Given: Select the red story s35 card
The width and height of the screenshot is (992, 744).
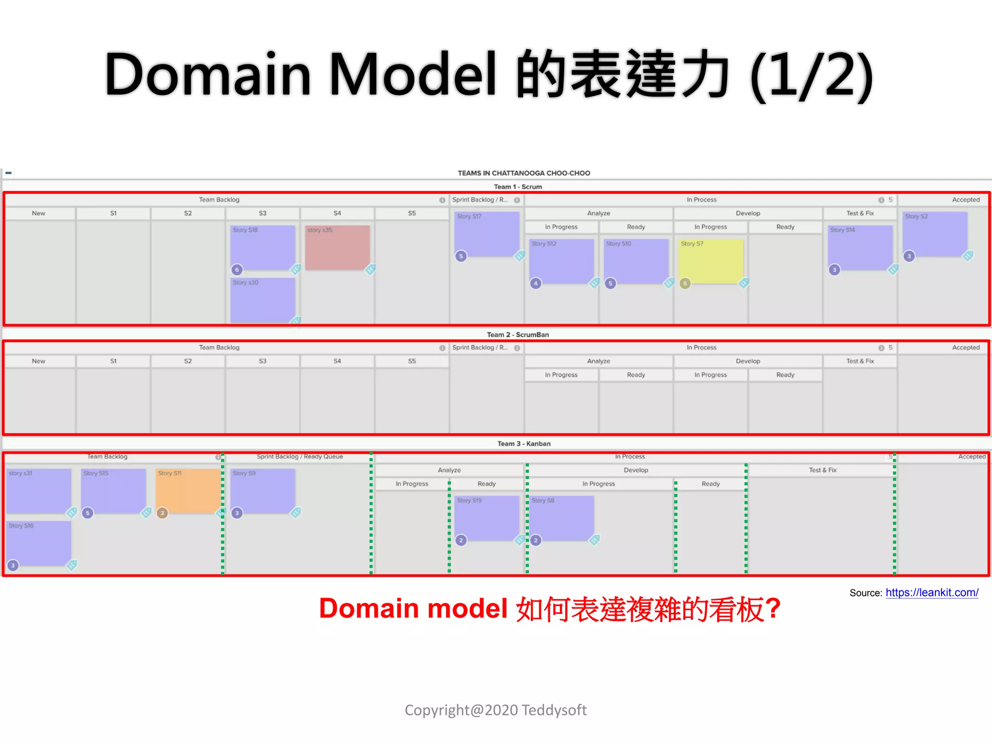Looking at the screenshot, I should point(338,248).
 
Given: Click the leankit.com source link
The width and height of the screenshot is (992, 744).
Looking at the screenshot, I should point(931,592).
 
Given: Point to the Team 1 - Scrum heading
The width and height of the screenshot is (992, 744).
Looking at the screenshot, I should point(518,186).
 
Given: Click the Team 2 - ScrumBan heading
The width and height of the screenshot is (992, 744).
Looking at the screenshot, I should point(518,335).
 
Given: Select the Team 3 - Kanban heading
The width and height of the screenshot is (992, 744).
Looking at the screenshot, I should point(524,444).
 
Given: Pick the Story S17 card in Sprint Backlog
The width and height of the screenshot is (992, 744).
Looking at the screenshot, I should point(486,234).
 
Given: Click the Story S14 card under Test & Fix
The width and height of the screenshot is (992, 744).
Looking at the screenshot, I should point(860,248).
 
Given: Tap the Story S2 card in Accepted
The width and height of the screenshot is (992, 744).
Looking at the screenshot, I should point(935,234).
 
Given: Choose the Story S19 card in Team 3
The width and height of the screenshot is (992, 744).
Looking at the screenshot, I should point(486,518).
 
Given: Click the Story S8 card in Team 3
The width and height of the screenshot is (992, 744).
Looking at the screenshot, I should point(561,518).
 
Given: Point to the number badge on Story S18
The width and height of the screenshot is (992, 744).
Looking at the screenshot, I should point(237,270).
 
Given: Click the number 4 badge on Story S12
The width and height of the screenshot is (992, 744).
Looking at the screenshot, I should point(536,283).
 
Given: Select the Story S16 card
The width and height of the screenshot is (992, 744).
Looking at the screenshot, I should point(39,543).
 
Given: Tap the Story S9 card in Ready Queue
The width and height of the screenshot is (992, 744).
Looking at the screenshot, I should point(263,491).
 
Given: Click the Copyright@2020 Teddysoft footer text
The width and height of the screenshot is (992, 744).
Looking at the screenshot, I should point(496,710).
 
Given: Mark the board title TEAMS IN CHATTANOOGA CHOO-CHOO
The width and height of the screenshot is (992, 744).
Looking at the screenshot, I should point(524,173).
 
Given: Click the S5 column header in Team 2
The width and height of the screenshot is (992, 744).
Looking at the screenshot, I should point(412,361).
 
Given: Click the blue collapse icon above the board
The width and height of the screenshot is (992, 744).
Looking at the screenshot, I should point(9,173).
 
